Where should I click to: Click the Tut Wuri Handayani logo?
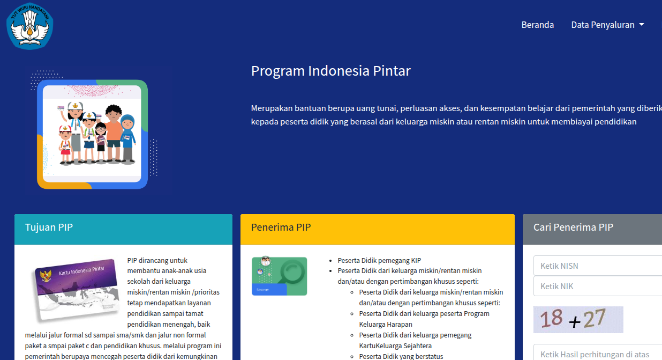pos(29,25)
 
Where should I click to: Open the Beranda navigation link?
pos(537,25)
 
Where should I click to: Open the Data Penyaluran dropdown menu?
pos(603,25)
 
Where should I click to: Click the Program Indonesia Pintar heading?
pos(330,71)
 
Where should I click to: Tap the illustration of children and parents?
pos(92,135)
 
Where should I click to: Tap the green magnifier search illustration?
pos(279,276)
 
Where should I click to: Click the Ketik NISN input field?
pos(598,266)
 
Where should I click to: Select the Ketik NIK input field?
pos(598,286)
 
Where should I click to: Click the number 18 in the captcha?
pos(551,319)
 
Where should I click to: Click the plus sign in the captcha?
pos(574,322)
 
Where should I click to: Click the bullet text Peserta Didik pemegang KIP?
pos(380,260)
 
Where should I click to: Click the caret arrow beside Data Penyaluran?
pos(642,25)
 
